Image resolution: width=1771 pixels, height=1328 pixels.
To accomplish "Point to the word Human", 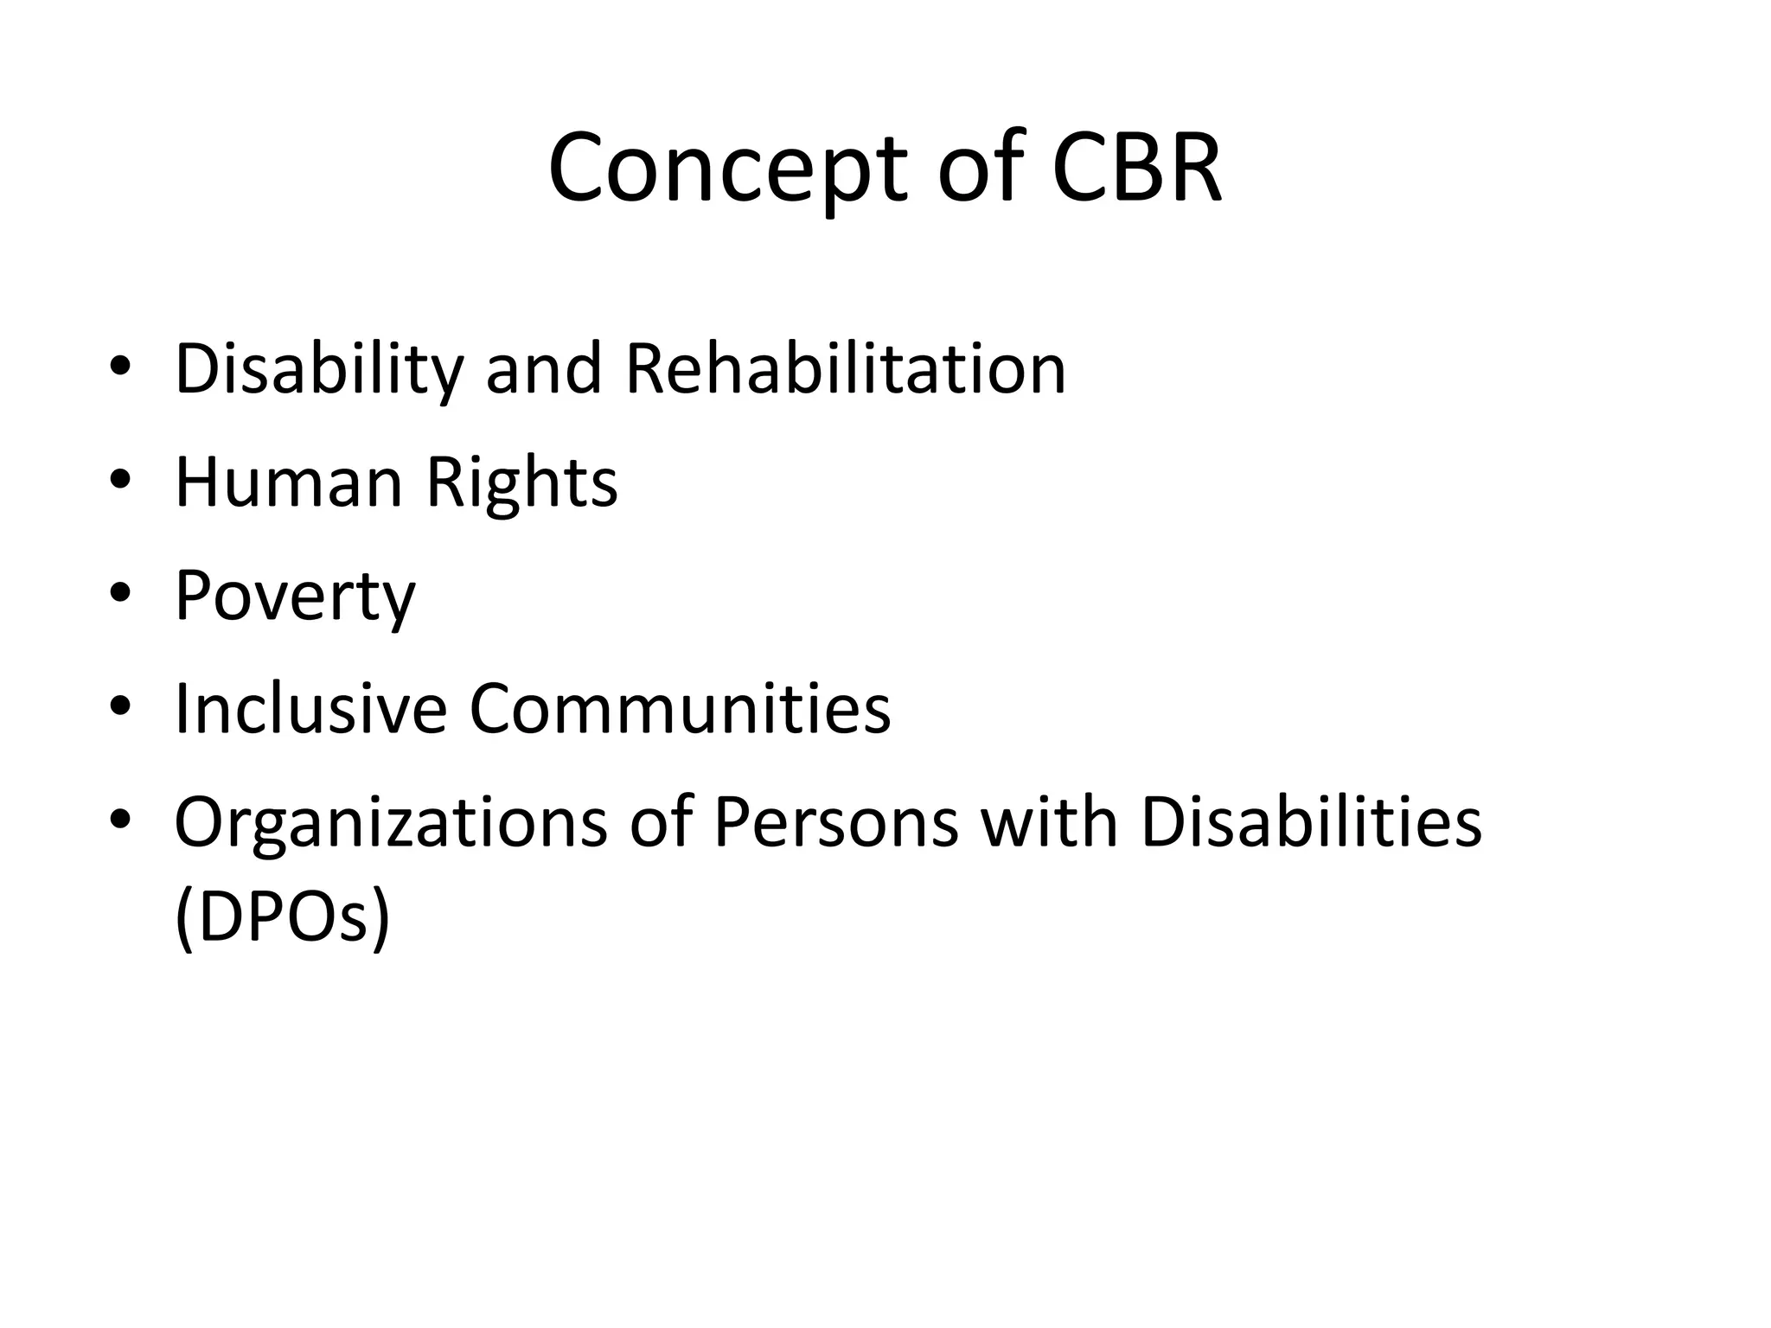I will click(x=289, y=482).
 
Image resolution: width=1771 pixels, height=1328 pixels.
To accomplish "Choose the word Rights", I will click(x=521, y=482).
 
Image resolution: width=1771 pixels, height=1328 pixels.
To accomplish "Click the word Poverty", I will click(x=295, y=597).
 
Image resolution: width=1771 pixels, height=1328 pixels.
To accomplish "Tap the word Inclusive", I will click(x=310, y=708).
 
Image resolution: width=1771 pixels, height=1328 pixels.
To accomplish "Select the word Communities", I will click(x=680, y=708).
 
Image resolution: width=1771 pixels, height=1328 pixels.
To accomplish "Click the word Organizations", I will click(x=391, y=821).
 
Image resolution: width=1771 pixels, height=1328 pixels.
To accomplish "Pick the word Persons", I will click(x=836, y=821).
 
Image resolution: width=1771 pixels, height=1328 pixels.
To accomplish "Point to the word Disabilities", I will click(x=1311, y=821).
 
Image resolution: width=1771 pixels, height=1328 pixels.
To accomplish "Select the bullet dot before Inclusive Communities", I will click(x=120, y=705).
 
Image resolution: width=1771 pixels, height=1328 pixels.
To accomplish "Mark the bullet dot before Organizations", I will click(x=120, y=819).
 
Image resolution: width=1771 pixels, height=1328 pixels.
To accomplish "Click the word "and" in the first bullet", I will click(x=543, y=369).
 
